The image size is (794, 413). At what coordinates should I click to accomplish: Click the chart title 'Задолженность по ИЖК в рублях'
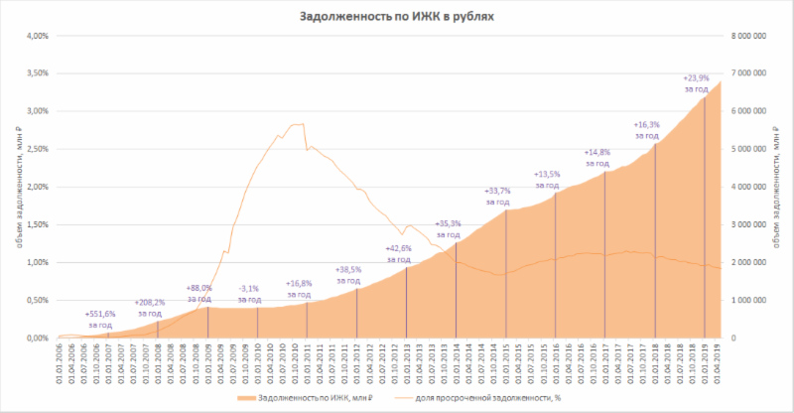point(397,17)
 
